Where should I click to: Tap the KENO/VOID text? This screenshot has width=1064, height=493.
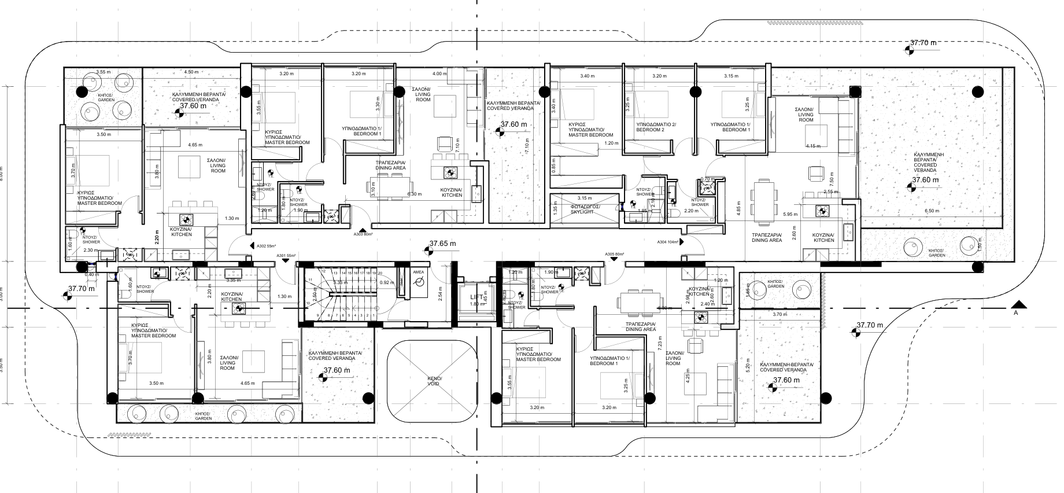pos(433,382)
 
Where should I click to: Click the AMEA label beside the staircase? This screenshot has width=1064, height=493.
pos(418,271)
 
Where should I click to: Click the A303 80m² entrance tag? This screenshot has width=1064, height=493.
pos(363,235)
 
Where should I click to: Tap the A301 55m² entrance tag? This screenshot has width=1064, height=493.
pos(286,255)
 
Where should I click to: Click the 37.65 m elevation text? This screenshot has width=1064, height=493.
pos(442,244)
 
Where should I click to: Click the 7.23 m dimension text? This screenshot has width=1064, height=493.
pos(660,346)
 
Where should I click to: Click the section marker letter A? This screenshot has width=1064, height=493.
pos(1015,313)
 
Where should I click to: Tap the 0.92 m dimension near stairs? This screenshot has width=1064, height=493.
pos(387,282)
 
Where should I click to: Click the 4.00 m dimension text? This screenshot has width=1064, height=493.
pos(439,73)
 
